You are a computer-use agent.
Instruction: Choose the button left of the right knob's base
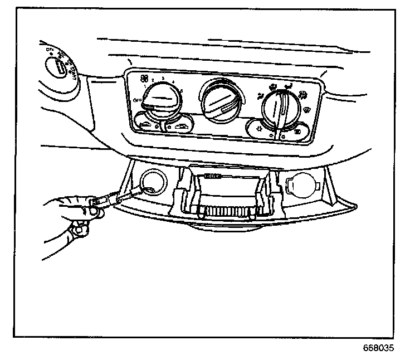[x=258, y=130]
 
